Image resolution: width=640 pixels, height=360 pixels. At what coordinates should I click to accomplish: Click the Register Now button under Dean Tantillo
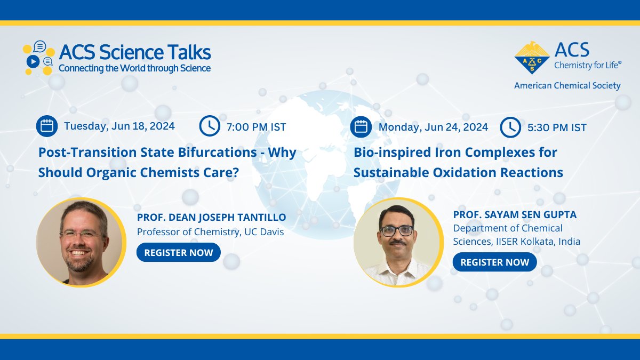178,252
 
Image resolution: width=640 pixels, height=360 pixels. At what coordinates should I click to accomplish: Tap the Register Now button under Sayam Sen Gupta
494,262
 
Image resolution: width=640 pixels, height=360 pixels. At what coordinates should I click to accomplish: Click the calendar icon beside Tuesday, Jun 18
47,126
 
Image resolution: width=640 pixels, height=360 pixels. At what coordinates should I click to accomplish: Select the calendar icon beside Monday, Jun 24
361,127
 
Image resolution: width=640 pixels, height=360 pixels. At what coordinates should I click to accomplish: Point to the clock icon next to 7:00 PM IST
210,126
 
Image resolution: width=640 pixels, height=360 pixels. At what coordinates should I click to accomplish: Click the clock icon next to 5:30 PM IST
510,127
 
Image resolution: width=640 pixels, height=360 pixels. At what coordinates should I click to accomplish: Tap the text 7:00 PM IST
256,127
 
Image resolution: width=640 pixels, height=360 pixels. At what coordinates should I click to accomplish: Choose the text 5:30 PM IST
556,127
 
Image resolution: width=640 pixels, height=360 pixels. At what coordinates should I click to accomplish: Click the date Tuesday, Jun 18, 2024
119,126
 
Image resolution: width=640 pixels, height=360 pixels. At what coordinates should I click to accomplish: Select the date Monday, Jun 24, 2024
433,127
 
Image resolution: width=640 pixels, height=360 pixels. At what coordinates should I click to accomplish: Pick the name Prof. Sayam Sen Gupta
515,214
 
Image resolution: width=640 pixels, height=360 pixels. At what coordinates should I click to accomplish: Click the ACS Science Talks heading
134,52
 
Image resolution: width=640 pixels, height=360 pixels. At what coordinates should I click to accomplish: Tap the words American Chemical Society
567,85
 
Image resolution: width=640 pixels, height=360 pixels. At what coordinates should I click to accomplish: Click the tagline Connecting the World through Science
134,68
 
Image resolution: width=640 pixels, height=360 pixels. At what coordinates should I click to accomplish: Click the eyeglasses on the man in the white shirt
397,230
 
